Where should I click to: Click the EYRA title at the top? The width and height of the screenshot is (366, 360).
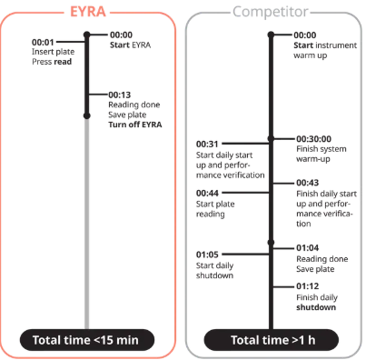tap(88, 12)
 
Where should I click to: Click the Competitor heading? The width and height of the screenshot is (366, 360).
tap(271, 12)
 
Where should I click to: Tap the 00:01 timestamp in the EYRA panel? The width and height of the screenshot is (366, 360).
tap(43, 42)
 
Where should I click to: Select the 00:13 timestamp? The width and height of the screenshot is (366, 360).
tap(120, 95)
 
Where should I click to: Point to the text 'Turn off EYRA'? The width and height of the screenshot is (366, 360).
tap(135, 125)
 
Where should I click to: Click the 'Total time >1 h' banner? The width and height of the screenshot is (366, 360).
tap(272, 340)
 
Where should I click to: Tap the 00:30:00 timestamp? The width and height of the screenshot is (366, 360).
tap(313, 139)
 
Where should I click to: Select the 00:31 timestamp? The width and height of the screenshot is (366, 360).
tap(207, 144)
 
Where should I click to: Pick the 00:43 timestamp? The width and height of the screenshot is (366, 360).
tap(307, 183)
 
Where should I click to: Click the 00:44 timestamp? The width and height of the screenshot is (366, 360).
tap(207, 193)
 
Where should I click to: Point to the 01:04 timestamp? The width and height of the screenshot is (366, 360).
tap(307, 248)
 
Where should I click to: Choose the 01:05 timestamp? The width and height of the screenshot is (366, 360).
tap(207, 255)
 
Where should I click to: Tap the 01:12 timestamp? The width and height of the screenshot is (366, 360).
tap(307, 286)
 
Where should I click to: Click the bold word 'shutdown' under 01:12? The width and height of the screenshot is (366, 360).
tap(316, 307)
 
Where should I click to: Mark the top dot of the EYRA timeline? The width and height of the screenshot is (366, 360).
tap(87, 35)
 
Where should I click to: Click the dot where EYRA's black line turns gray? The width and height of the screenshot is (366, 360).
tap(87, 115)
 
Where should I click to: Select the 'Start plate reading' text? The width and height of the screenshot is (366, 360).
tap(215, 209)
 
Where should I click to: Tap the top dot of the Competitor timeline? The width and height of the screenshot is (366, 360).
tap(271, 35)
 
